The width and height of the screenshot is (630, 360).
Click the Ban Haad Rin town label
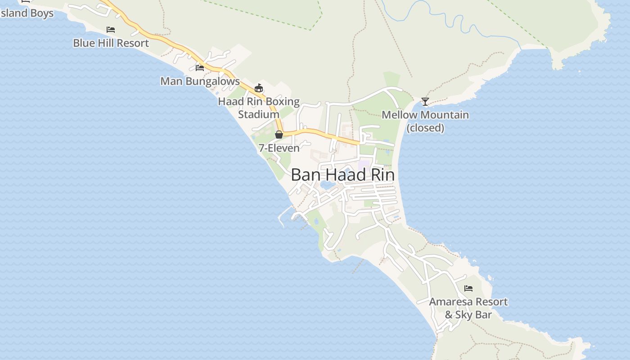coord(342,175)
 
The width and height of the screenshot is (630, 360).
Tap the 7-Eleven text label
coord(279,148)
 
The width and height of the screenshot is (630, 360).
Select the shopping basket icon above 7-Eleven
coord(279,135)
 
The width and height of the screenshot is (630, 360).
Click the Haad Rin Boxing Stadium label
coord(259,108)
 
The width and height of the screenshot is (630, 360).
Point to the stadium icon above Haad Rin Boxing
coord(259,88)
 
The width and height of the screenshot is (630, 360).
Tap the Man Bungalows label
coord(200,81)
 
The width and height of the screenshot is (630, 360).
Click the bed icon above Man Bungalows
coord(200,68)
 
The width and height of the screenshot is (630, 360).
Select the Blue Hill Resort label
coord(111,43)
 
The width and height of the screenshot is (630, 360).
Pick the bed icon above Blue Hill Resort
coord(111,30)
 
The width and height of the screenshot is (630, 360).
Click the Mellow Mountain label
coord(425,115)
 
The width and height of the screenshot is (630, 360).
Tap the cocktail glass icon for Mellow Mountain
coord(425,102)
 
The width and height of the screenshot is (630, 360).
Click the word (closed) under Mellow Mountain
coord(425,128)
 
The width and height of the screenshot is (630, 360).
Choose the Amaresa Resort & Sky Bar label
coord(468,308)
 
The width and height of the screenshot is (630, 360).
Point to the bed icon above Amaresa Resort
coord(468,288)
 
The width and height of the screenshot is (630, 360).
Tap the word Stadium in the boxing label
coord(259,115)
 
